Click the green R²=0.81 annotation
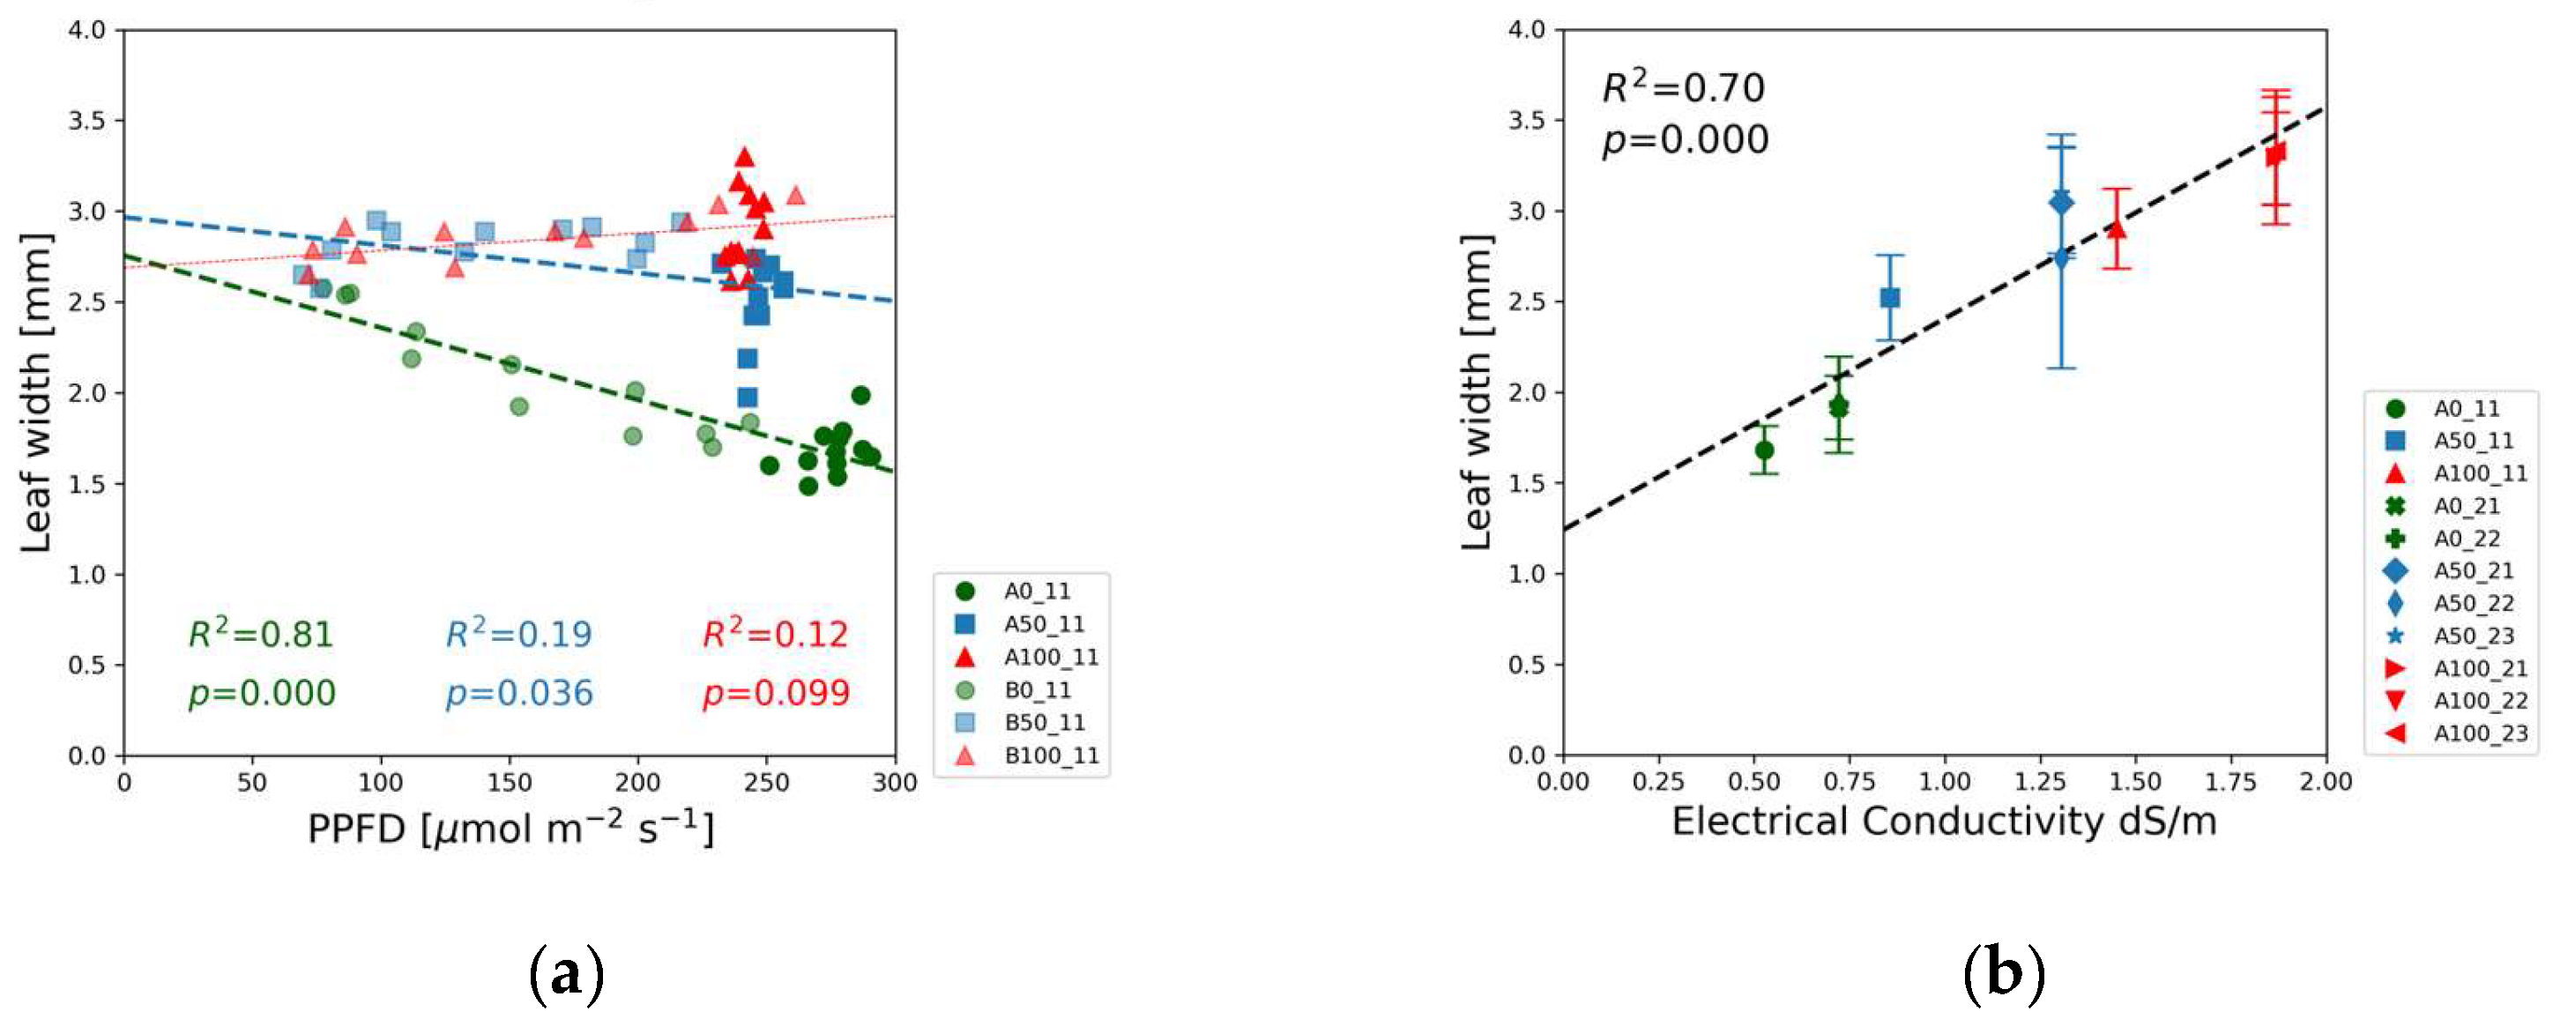[x=261, y=634]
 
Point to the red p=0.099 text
[x=776, y=693]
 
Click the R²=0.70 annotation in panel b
[x=1683, y=88]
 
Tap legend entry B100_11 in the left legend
[x=1051, y=755]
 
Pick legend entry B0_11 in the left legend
[x=1037, y=690]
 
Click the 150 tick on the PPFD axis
[x=510, y=783]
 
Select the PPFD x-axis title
[x=510, y=829]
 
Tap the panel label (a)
[x=566, y=974]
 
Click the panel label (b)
[x=2004, y=974]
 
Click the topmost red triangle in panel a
[x=744, y=157]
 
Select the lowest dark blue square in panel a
[x=748, y=398]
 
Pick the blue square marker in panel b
[x=1890, y=297]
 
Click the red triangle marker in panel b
[x=2117, y=229]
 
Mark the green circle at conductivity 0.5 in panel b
[x=1764, y=450]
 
